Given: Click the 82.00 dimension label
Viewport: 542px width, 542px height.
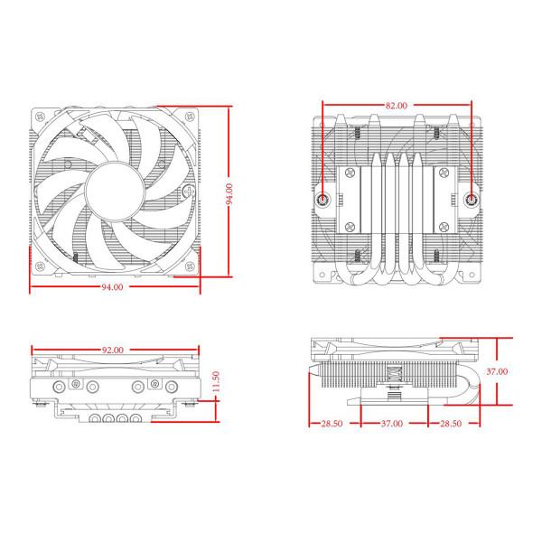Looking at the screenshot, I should pyautogui.click(x=396, y=106).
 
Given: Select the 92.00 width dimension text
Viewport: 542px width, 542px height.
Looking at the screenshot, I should pyautogui.click(x=112, y=349).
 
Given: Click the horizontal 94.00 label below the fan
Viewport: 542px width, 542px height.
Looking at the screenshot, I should pyautogui.click(x=112, y=286).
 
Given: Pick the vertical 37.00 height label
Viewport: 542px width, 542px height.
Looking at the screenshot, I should pyautogui.click(x=497, y=370).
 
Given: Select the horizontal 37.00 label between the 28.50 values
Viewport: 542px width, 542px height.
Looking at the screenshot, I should pyautogui.click(x=392, y=423).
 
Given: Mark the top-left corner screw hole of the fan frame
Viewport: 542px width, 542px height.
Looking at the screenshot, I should pyautogui.click(x=39, y=117).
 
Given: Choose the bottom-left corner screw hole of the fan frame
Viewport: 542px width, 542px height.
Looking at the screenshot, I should pyautogui.click(x=39, y=267).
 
